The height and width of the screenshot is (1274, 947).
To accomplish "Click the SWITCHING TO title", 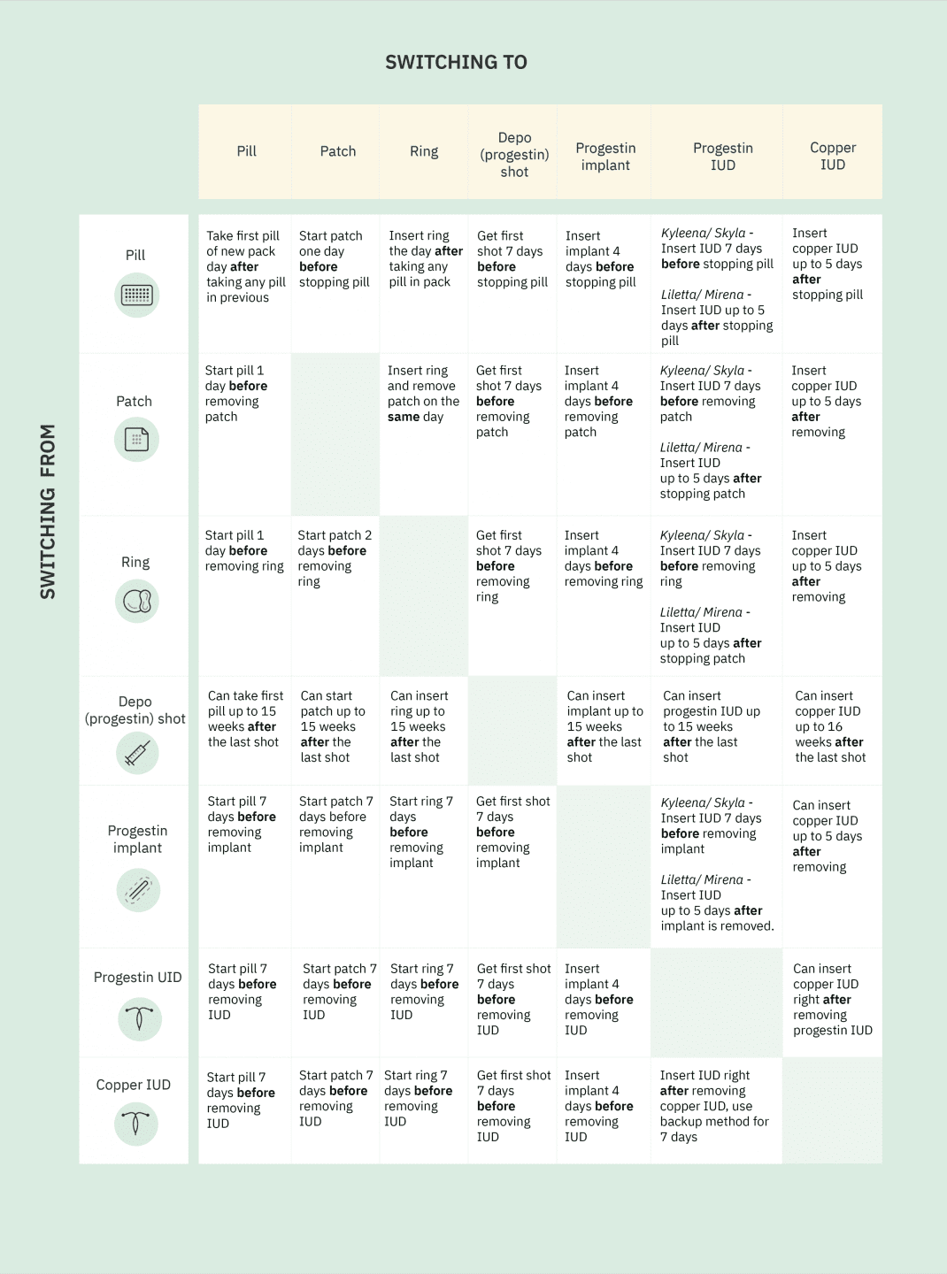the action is pyautogui.click(x=456, y=63).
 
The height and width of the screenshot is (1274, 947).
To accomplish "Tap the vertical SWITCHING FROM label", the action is pyautogui.click(x=48, y=511).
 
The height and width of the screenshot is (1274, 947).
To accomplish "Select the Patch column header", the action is pyautogui.click(x=337, y=151).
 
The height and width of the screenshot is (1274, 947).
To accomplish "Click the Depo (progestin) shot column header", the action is pyautogui.click(x=514, y=155).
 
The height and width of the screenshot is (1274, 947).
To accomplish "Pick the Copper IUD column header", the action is pyautogui.click(x=832, y=156).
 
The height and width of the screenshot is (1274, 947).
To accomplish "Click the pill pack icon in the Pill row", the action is pyautogui.click(x=136, y=295).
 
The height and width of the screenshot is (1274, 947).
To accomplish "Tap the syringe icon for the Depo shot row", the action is pyautogui.click(x=137, y=754).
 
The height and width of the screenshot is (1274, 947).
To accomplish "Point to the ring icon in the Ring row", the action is pyautogui.click(x=137, y=602).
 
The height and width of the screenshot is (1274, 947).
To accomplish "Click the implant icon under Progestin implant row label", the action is pyautogui.click(x=138, y=889).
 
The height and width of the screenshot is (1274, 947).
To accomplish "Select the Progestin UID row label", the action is pyautogui.click(x=137, y=978).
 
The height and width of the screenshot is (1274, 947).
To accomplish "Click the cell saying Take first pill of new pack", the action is pyautogui.click(x=245, y=266).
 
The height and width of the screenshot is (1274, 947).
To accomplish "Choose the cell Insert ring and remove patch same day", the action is pyautogui.click(x=423, y=394).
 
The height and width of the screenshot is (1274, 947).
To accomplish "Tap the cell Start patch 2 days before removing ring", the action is pyautogui.click(x=335, y=558).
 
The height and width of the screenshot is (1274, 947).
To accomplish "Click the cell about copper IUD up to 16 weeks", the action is pyautogui.click(x=829, y=726).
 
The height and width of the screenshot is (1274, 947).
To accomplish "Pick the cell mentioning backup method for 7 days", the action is pyautogui.click(x=714, y=1106).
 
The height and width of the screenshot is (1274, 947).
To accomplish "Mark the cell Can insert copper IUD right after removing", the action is pyautogui.click(x=832, y=999).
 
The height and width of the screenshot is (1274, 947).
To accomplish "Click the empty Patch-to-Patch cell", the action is pyautogui.click(x=335, y=434).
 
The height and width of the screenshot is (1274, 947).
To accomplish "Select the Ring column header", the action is pyautogui.click(x=424, y=151).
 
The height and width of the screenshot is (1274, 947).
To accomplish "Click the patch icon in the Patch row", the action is pyautogui.click(x=136, y=439).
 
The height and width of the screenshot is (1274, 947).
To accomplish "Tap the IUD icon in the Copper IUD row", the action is pyautogui.click(x=136, y=1124).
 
